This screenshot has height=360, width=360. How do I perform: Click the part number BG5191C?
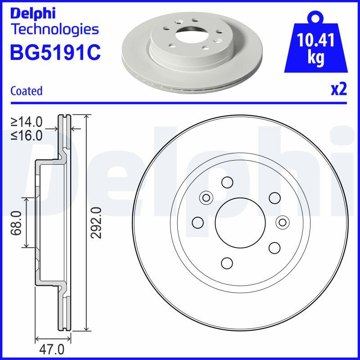55,53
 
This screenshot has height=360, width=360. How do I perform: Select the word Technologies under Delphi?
54,30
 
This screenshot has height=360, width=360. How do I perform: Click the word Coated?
26,90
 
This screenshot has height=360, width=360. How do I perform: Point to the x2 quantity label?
338,90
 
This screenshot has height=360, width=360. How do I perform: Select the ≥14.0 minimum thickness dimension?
27,121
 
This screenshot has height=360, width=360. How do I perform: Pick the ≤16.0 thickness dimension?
27,135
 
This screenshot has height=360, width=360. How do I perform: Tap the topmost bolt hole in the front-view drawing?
227,182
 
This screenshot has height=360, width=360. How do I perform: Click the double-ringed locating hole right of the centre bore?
282,222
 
